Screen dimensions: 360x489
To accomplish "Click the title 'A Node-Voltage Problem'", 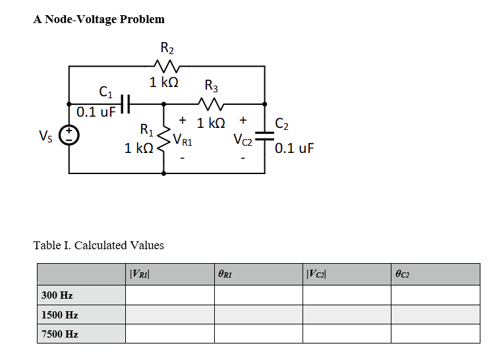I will [x=99, y=19].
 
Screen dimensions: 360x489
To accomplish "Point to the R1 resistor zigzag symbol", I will [x=164, y=138].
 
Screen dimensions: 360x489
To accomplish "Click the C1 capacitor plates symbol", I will [x=127, y=104].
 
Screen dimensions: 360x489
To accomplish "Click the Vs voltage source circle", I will [x=69, y=136].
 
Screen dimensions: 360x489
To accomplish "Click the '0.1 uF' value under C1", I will [x=96, y=111].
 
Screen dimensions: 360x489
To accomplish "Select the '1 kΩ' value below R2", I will [x=163, y=82].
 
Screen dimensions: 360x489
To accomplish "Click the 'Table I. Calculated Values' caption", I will [x=98, y=245].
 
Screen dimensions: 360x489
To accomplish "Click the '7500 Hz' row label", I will [x=59, y=334].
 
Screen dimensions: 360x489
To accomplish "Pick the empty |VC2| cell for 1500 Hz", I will [x=347, y=315].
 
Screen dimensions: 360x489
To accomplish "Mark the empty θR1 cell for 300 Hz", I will [x=258, y=295].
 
